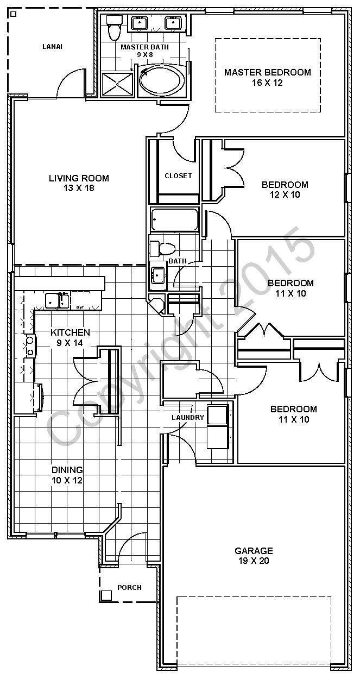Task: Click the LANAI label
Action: tap(52, 47)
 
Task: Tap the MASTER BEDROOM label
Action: tap(268, 72)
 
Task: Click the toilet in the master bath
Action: tap(113, 29)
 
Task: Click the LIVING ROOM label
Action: tap(79, 178)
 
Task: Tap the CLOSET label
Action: tap(178, 175)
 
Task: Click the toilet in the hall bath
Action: tap(163, 249)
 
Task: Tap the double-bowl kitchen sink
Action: tap(56, 299)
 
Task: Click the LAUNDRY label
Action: tap(188, 418)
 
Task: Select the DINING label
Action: tap(67, 470)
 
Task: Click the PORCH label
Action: tap(129, 588)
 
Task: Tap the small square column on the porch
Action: tap(106, 595)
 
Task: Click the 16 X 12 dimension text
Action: tap(268, 83)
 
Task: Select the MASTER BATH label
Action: tap(144, 47)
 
